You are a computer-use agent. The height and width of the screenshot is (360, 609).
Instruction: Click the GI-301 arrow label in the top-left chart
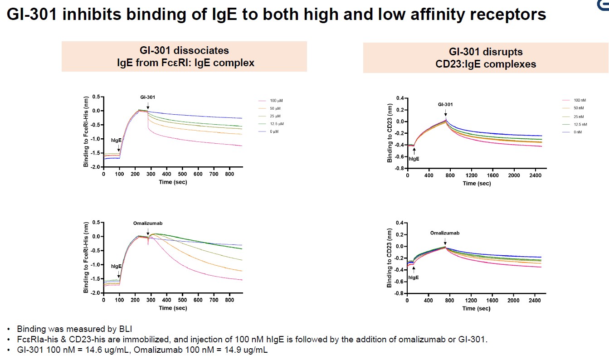click(147, 97)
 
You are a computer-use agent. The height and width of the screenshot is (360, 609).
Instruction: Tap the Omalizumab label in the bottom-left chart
click(147, 223)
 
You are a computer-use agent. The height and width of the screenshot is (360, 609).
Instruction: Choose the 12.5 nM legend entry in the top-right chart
click(580, 124)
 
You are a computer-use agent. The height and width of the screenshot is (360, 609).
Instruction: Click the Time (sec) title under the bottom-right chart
click(477, 308)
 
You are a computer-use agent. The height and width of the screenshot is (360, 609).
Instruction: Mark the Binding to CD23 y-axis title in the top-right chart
click(390, 133)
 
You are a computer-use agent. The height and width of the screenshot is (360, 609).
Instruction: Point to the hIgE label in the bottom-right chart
click(413, 277)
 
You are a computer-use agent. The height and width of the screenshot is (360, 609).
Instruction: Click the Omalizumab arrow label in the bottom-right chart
click(445, 233)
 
